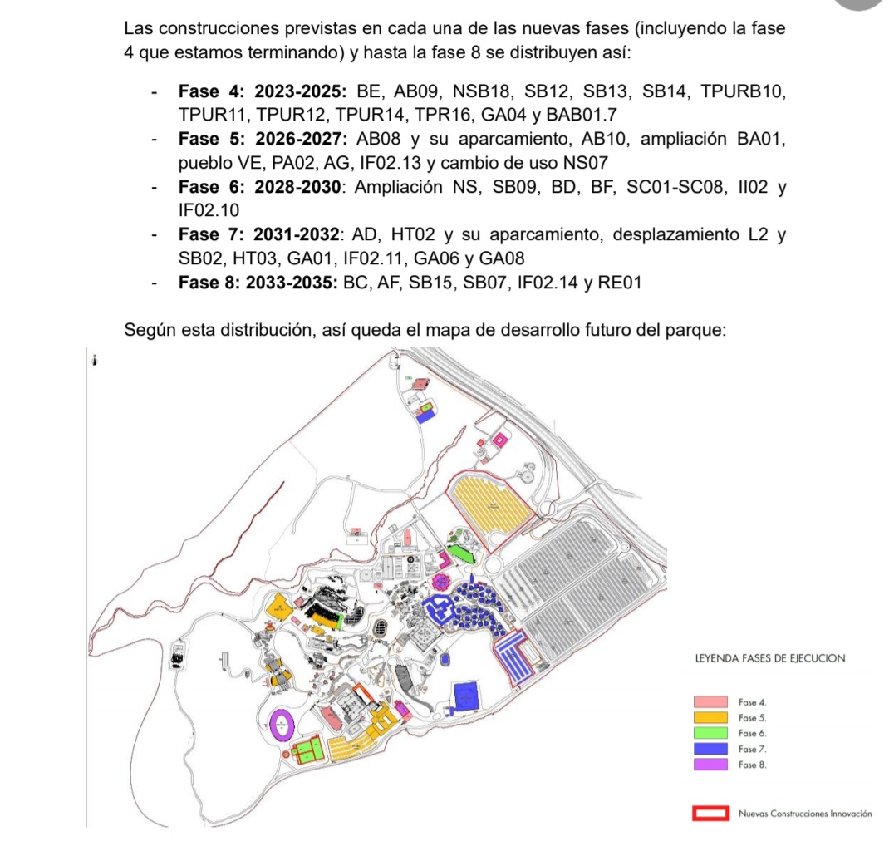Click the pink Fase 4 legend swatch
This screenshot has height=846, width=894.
[710, 702]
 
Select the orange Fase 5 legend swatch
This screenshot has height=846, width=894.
[710, 718]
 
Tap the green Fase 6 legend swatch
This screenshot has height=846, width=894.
[710, 733]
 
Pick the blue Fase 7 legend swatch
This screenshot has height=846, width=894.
[710, 749]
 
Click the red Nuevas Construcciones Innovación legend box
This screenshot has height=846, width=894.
[711, 814]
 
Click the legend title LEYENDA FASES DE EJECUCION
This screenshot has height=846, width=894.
[769, 658]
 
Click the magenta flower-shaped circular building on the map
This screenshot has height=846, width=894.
[441, 581]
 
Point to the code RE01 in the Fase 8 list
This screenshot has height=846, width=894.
[621, 283]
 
